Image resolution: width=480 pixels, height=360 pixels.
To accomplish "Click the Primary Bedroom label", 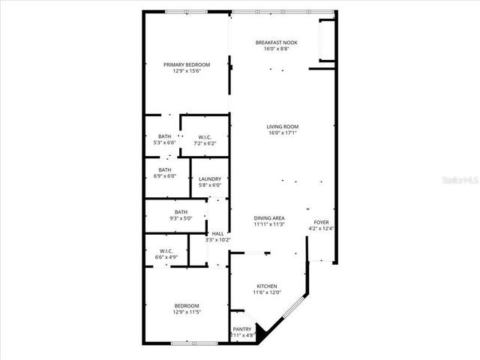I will (187, 65).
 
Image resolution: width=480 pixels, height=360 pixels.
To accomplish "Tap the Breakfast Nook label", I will (276, 43).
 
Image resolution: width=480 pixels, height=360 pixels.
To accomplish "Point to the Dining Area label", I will (268, 218).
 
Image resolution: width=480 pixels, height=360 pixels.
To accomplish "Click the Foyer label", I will (321, 222).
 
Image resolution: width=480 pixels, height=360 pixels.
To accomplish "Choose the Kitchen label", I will (268, 286).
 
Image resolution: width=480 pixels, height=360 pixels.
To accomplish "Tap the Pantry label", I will (242, 329).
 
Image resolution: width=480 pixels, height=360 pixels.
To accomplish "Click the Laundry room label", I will (209, 178).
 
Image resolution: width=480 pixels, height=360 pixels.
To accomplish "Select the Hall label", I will (218, 234).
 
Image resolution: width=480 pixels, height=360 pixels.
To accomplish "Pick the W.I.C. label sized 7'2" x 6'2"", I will (204, 137).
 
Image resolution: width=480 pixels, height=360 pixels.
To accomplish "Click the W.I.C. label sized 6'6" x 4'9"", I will (166, 250).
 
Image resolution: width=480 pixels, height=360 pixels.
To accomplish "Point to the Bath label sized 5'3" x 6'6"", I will (164, 136).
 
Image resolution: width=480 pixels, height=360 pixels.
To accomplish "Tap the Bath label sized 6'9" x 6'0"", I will (164, 170).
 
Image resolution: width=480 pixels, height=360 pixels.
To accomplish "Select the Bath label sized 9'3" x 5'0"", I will (181, 212).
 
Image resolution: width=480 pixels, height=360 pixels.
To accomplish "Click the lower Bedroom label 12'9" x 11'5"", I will (187, 305).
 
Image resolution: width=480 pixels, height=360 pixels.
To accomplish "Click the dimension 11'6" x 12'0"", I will (268, 292).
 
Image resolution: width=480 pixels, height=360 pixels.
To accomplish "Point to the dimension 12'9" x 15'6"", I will (187, 71).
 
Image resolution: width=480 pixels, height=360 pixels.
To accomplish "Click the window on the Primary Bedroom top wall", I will (187, 11).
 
